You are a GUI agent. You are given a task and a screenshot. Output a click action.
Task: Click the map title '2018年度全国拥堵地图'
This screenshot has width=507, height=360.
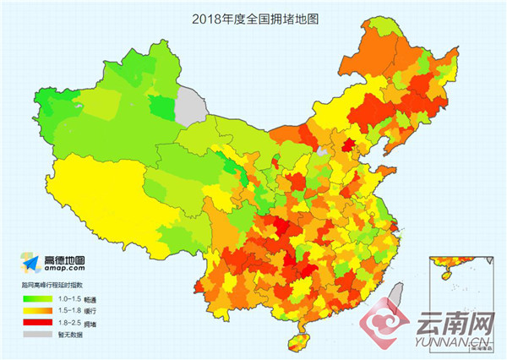[x=253, y=15]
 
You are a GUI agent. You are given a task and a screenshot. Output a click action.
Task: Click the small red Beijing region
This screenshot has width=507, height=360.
[x=346, y=146]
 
